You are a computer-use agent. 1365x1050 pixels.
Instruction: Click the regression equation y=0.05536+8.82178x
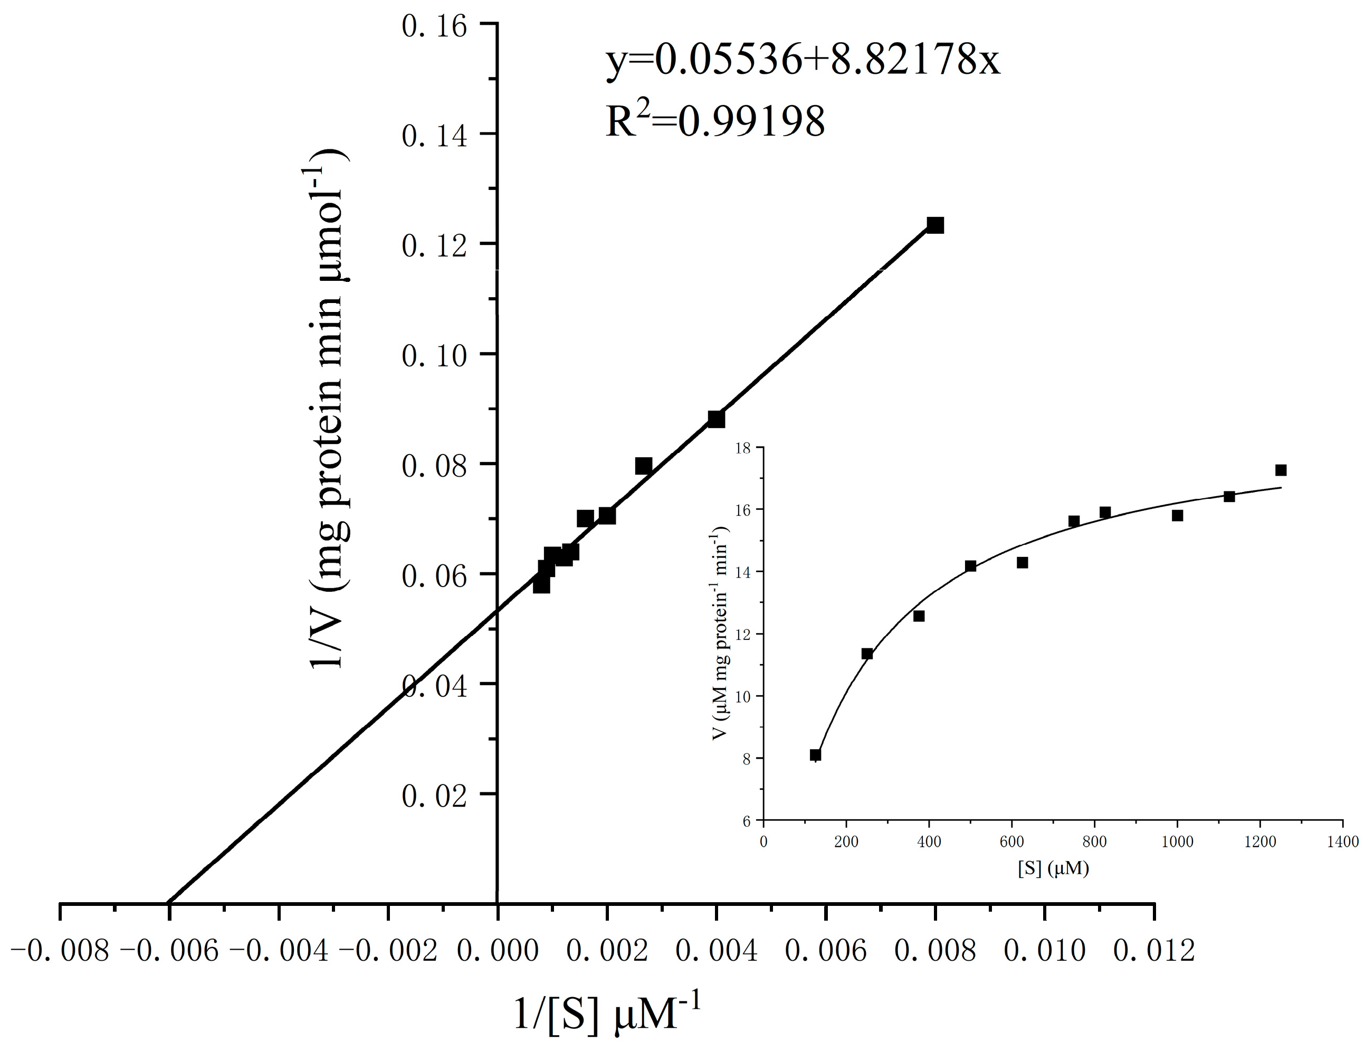tap(803, 62)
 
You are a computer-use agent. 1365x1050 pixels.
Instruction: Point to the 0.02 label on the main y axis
tap(434, 796)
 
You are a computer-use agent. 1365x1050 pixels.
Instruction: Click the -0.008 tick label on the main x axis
tap(60, 951)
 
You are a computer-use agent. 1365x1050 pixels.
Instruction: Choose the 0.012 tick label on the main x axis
tap(1154, 951)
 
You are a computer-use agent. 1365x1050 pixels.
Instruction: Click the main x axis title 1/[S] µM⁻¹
tap(606, 1014)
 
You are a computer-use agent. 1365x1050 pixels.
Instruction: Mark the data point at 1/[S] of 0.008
tap(934, 225)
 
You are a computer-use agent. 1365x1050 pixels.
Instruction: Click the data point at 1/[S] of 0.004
tap(716, 419)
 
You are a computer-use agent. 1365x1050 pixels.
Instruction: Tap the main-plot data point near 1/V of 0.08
tap(644, 466)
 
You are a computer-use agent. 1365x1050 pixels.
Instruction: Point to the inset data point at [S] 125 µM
tap(815, 755)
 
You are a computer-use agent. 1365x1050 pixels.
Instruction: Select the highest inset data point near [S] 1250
tap(1281, 470)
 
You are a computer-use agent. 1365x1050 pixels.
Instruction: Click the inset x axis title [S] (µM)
tap(1053, 869)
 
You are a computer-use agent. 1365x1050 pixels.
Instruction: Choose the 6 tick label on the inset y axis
tap(750, 820)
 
